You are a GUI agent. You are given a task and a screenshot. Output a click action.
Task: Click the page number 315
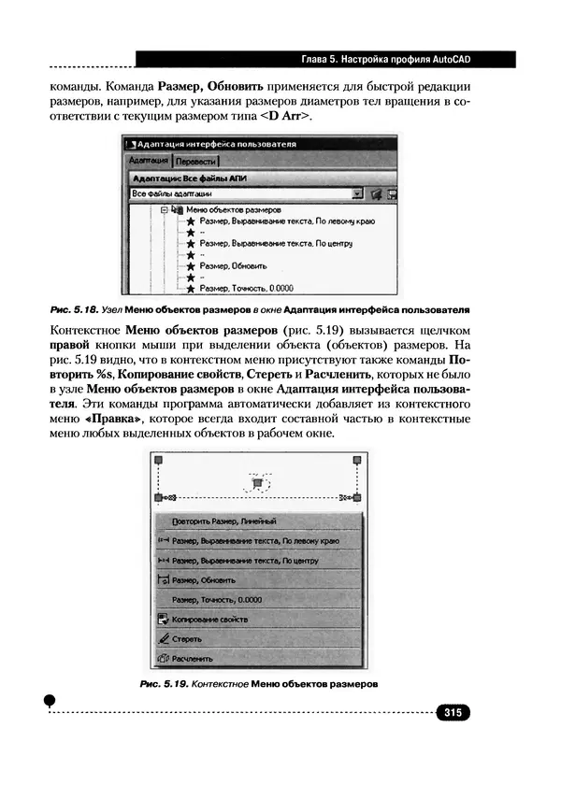pos(453,713)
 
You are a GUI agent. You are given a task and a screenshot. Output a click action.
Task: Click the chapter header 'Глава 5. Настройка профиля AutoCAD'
pos(383,59)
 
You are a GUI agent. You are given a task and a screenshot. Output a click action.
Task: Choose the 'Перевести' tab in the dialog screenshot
pos(196,161)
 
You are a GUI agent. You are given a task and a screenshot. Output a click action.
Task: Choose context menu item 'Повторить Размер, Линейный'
pos(224,521)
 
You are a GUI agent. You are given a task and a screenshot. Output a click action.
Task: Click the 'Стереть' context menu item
pos(187,639)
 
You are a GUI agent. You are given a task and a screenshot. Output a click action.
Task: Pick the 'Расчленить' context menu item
pos(193,659)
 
